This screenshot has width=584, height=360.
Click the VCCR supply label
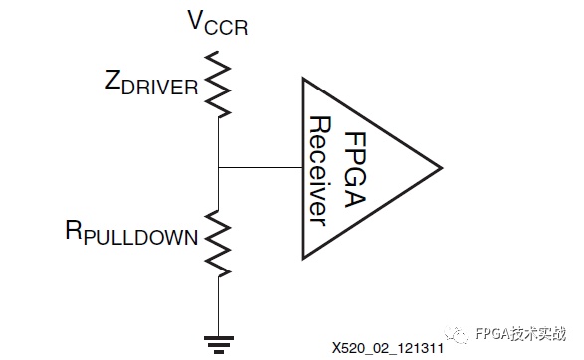tap(218, 23)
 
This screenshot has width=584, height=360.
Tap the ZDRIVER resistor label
tap(151, 83)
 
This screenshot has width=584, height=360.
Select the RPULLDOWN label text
tap(131, 233)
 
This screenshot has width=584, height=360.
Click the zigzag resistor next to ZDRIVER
tap(218, 85)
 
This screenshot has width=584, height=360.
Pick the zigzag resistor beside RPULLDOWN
tap(218, 244)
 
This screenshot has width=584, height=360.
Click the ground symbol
tap(219, 344)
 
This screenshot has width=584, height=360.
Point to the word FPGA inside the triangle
tap(355, 169)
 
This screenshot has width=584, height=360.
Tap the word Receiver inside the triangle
tap(320, 171)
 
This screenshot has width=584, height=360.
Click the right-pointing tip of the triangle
tap(442, 168)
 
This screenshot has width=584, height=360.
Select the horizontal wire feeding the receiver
tap(261, 167)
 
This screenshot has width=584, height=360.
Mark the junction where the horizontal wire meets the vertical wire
tap(218, 167)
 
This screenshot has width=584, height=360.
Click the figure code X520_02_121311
tap(388, 348)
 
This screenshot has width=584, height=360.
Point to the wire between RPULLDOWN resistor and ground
tap(218, 306)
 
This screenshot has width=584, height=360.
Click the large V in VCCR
tap(196, 20)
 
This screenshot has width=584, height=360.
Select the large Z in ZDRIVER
tap(112, 80)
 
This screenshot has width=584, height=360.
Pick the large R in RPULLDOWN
tap(74, 230)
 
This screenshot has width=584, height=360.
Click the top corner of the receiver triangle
tap(303, 79)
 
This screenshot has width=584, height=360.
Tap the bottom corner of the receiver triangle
tap(303, 258)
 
